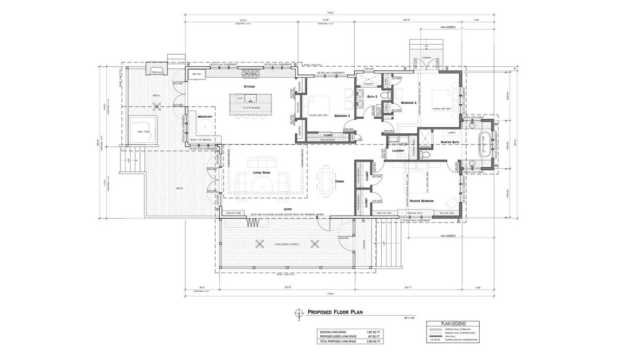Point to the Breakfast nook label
coord(205,117)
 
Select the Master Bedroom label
coord(421,200)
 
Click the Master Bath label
coord(449,142)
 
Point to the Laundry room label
coord(399,151)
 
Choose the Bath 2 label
coord(372,97)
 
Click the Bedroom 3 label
coord(342,115)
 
